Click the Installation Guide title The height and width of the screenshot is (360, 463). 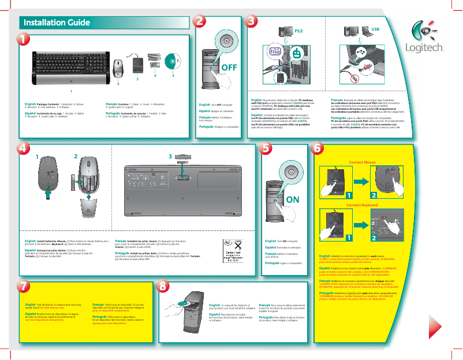[x=56, y=23]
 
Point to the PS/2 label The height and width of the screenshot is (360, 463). [x=298, y=29]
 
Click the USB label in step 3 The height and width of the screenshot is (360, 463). [x=375, y=28]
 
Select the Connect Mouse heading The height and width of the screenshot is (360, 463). [x=363, y=163]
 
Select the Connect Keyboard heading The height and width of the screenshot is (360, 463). [x=363, y=206]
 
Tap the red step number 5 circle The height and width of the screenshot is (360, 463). [x=264, y=148]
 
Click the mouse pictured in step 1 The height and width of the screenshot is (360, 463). [x=118, y=68]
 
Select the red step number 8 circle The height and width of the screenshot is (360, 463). [x=164, y=285]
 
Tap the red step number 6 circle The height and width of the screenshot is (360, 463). [x=318, y=148]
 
